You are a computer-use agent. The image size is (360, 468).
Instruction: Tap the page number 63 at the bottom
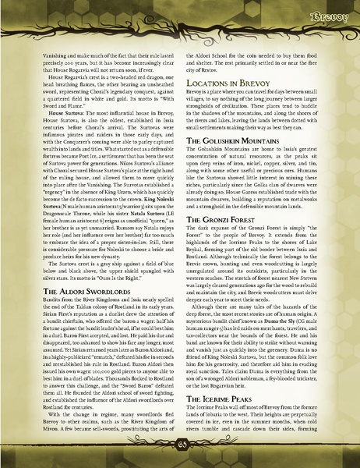point(181,455)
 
